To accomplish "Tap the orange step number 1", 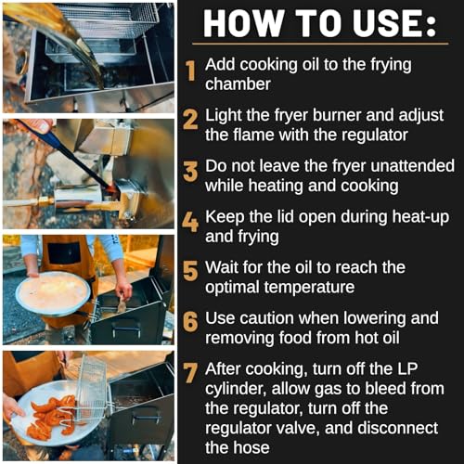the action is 191,71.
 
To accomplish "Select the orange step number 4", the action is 190,222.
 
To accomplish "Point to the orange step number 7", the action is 190,373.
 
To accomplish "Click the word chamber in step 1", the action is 238,84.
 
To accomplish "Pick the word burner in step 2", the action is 337,115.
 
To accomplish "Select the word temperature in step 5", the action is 279,288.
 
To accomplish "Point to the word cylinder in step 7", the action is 236,389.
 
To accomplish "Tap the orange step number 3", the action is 190,171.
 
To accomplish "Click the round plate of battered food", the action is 53,293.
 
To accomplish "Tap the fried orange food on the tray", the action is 53,416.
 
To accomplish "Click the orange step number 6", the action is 190,322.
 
